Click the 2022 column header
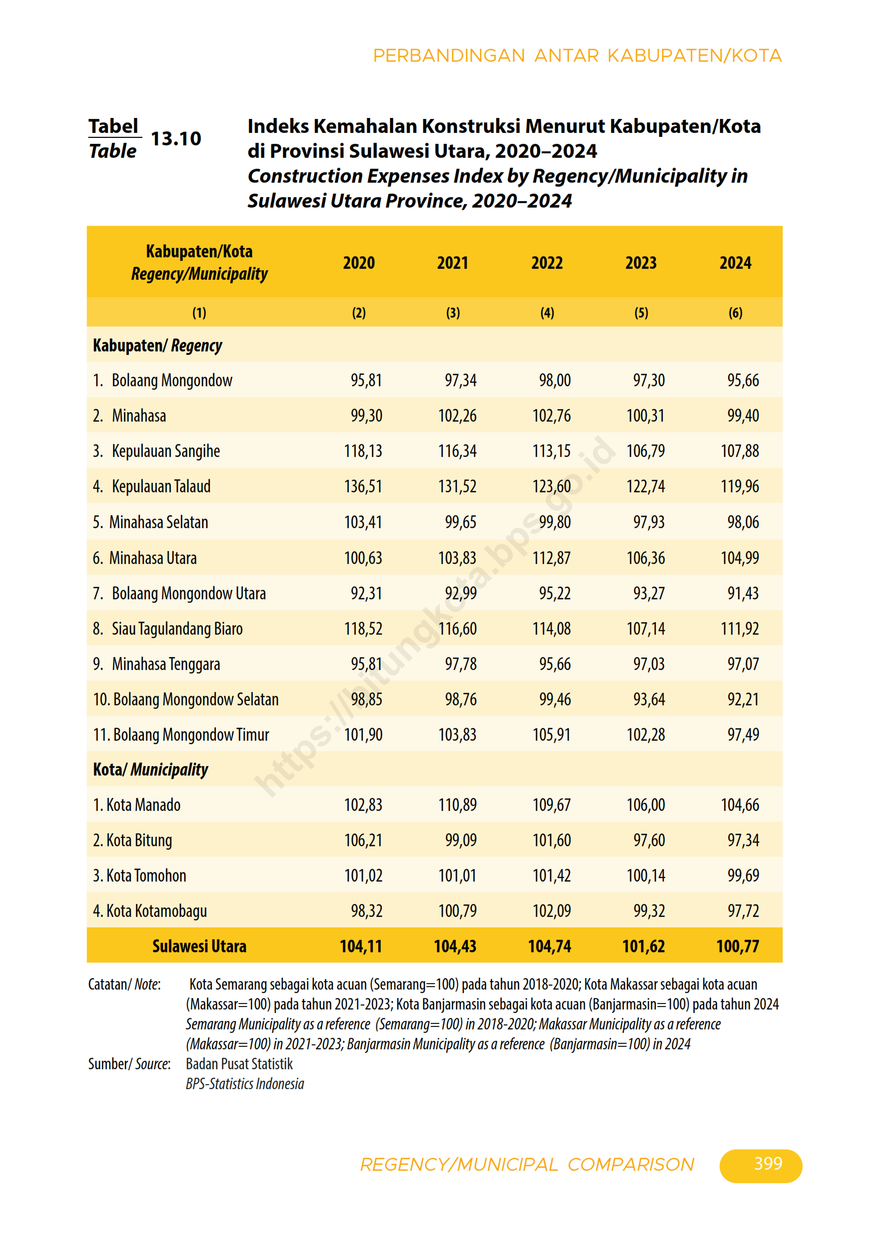pyautogui.click(x=546, y=263)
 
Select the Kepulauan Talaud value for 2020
pyautogui.click(x=363, y=486)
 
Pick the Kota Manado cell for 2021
pyautogui.click(x=457, y=804)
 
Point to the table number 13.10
pyautogui.click(x=176, y=139)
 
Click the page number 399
pyautogui.click(x=768, y=1164)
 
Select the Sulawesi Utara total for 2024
pyautogui.click(x=737, y=946)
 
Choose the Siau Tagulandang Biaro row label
pyautogui.click(x=177, y=629)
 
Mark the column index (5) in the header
pyautogui.click(x=641, y=313)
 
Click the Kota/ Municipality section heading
pyautogui.click(x=150, y=770)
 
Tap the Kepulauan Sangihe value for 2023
pyautogui.click(x=646, y=451)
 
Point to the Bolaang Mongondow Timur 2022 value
pyautogui.click(x=551, y=735)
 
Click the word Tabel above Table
pyautogui.click(x=113, y=126)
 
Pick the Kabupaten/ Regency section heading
pyautogui.click(x=157, y=345)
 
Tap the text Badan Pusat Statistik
pyautogui.click(x=239, y=1064)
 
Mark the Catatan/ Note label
pyautogui.click(x=124, y=984)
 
